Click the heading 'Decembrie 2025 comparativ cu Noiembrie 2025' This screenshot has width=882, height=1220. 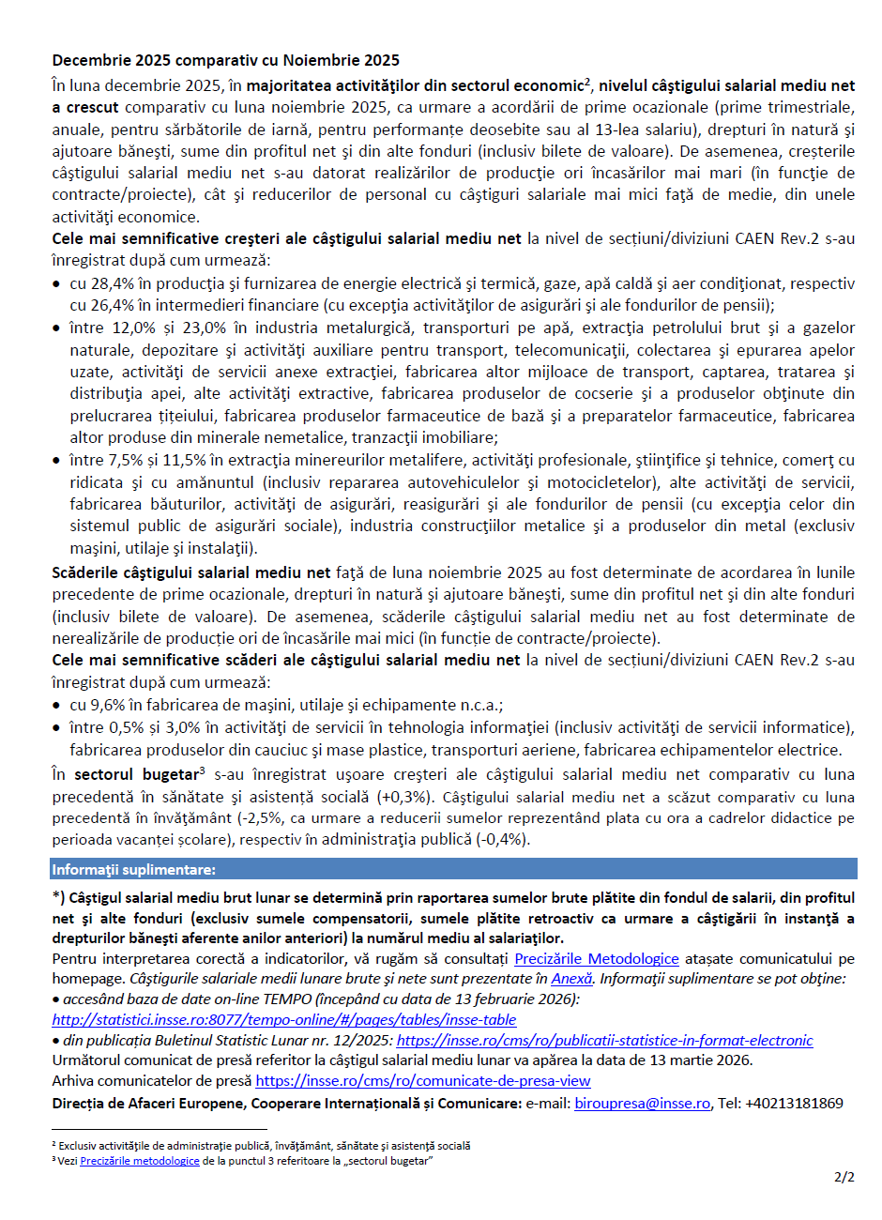226,61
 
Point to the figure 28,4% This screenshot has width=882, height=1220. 113,283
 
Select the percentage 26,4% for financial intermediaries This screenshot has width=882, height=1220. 113,305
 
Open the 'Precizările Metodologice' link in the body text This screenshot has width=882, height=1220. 596,958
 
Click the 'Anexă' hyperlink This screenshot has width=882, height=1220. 571,979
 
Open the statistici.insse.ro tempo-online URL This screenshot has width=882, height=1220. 284,1019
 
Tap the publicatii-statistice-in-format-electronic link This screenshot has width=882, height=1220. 604,1040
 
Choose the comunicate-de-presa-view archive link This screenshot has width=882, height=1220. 423,1081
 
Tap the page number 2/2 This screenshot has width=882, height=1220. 844,1176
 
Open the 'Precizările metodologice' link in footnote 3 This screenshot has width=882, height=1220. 140,1161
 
